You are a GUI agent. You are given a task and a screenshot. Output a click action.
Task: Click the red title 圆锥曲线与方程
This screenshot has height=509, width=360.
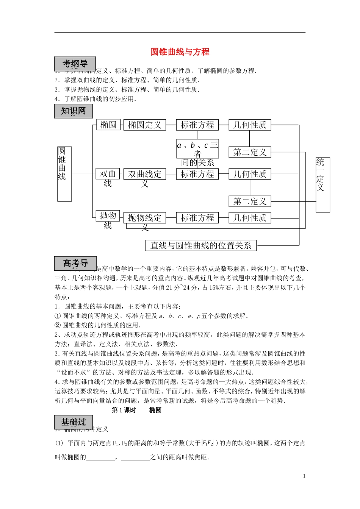coord(180,52)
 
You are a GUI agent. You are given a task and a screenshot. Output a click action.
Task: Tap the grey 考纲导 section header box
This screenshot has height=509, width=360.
coord(75,64)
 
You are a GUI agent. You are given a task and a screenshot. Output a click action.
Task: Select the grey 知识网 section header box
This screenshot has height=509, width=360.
coord(74,111)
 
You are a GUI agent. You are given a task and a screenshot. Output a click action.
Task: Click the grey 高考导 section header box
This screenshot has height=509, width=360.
coord(75,263)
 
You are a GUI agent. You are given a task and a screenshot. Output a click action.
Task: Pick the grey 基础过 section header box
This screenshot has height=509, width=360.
coord(74,422)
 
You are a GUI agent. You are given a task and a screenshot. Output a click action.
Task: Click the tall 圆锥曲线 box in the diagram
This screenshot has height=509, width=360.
coord(64,174)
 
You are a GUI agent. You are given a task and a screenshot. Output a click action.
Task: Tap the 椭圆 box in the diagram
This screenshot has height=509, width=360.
coord(108,125)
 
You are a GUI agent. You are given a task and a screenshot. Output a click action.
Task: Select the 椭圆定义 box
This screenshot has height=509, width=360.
coord(145,125)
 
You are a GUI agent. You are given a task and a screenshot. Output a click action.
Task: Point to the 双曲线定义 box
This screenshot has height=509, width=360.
coord(145,174)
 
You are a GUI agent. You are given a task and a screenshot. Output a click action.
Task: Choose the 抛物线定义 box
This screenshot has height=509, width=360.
coord(145,218)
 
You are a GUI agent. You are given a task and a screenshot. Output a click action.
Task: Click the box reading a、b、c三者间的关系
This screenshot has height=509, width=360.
coord(197,149)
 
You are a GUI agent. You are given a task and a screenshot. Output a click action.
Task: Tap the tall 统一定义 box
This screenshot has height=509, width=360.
coord(323,185)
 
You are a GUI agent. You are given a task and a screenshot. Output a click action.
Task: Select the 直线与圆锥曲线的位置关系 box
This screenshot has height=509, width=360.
coord(201,245)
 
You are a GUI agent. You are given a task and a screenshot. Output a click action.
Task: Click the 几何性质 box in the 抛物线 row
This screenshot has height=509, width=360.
coord(250,218)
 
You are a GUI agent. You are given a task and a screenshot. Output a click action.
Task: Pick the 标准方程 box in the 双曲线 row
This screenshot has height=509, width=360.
coord(197,174)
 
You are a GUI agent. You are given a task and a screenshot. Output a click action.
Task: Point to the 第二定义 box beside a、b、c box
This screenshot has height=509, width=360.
coord(250,152)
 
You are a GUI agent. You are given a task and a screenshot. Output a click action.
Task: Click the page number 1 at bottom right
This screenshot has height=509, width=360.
coord(304,476)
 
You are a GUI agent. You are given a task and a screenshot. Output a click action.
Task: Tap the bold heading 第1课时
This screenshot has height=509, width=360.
coord(124,410)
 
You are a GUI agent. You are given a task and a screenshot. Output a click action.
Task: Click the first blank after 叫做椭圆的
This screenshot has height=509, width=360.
coord(101,457)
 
